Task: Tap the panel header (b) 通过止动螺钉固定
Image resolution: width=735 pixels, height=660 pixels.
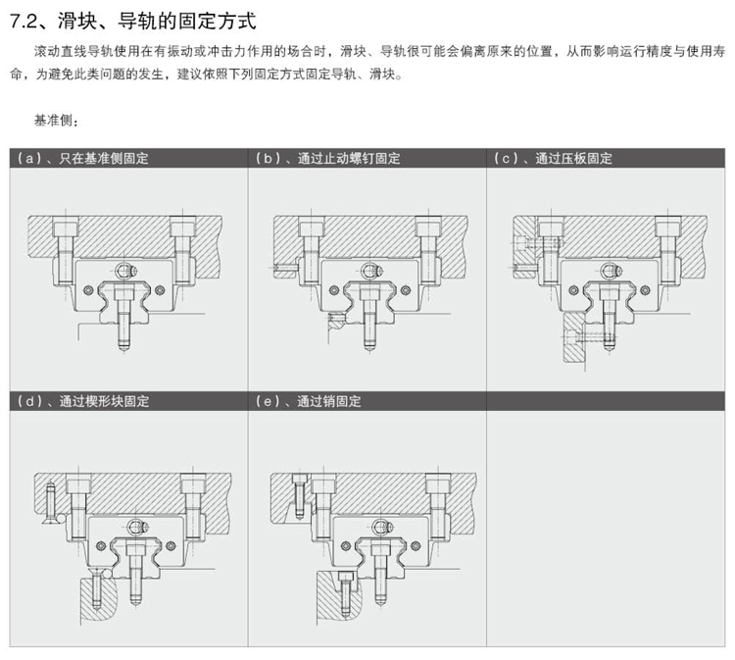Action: click(328, 158)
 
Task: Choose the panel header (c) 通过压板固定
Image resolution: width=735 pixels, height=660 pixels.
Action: click(555, 158)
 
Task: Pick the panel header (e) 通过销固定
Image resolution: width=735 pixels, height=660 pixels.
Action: click(309, 401)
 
